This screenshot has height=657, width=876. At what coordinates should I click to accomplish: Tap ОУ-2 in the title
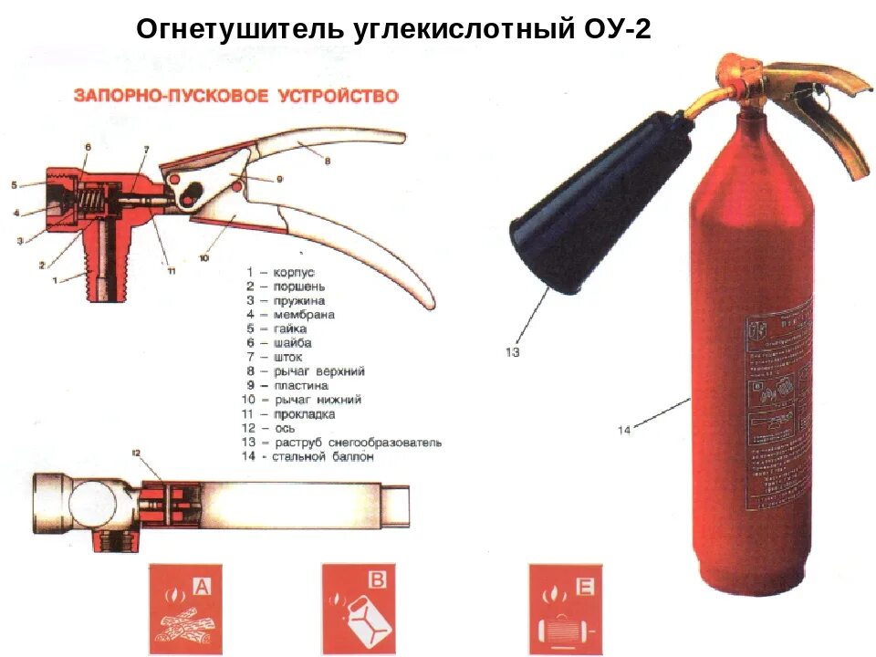point(615,28)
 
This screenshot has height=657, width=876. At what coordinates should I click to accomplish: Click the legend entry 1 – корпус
point(280,272)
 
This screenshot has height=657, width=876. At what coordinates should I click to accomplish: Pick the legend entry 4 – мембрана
point(289,315)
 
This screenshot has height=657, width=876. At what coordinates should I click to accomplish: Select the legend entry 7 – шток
point(276,357)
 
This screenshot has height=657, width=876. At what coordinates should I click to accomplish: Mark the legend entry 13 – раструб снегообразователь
point(342,443)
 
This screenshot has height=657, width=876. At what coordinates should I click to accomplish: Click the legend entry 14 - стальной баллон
point(309,457)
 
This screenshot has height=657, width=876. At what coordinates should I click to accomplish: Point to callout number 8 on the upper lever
point(326,161)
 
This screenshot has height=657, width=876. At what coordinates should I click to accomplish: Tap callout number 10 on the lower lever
point(203,258)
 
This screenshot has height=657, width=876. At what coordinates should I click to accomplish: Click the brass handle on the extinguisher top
point(803,100)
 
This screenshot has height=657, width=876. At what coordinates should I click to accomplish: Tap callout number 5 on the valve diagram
point(14,185)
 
